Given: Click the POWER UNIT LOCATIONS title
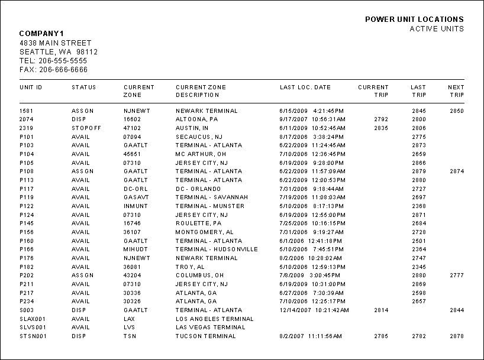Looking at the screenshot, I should tap(414, 20).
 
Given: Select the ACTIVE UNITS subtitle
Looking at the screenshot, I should tap(437, 29).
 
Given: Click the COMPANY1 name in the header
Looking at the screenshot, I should tap(41, 33).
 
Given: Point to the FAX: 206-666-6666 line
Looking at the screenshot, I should tap(53, 70).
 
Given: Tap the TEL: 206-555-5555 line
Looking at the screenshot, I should tap(53, 61).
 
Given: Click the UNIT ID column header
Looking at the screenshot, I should tap(31, 87).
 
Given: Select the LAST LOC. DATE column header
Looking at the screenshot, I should tap(305, 87).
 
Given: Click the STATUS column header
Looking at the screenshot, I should tap(84, 87).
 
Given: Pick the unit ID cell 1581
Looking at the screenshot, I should tap(26, 111).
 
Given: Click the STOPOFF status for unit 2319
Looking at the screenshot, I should tap(86, 128).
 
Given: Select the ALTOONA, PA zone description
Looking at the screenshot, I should tap(197, 119).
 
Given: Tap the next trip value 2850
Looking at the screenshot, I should tap(456, 111).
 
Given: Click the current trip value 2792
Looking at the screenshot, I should tap(381, 119).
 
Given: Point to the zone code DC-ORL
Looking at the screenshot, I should tap(135, 189).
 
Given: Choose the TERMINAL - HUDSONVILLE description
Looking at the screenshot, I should tap(217, 249).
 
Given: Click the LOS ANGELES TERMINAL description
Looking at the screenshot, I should tap(214, 319).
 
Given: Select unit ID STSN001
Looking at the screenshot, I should tap(33, 336).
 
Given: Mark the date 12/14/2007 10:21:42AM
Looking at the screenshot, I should tap(314, 310).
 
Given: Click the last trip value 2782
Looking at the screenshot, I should tap(419, 336).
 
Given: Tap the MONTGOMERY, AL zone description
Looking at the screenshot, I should tap(205, 232).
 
